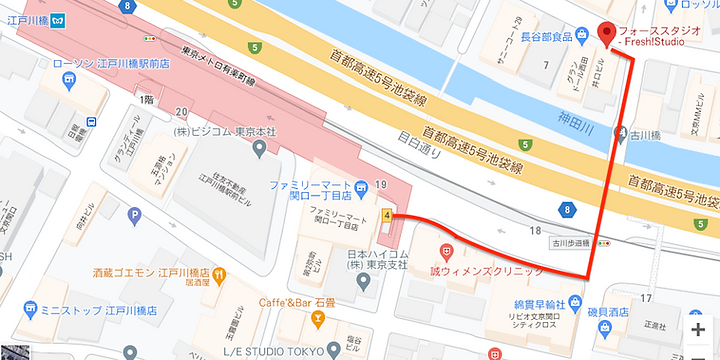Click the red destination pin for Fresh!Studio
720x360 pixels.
606,34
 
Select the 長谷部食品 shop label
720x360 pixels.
546,37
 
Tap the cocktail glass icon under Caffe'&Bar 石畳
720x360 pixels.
318,319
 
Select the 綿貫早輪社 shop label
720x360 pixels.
545,304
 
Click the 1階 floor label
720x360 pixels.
146,99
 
